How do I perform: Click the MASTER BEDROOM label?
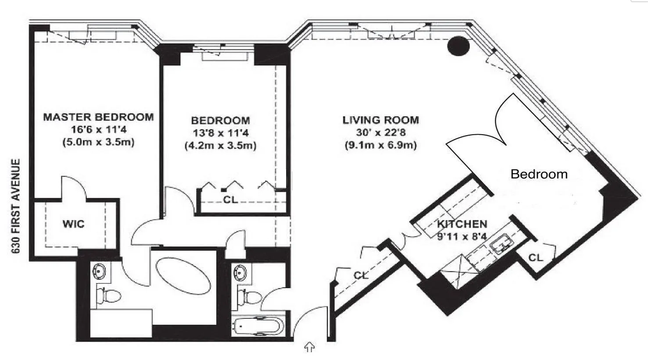[x=98, y=117]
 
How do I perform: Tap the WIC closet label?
[x=73, y=224]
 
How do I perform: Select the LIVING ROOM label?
[x=381, y=120]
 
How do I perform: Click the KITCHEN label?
[x=462, y=224]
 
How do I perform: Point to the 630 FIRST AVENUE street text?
[x=16, y=206]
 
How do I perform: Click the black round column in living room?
[x=458, y=46]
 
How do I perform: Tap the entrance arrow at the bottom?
[x=310, y=347]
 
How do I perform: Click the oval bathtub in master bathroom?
[x=183, y=276]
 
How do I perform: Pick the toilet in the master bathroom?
[x=108, y=296]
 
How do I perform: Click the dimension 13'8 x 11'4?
[x=221, y=133]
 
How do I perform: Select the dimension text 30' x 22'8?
[x=381, y=132]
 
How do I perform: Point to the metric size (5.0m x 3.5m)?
[x=99, y=142]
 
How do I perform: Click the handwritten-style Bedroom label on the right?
[x=539, y=174]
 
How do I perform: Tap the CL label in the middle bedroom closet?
[x=230, y=200]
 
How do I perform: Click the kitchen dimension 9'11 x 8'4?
[x=462, y=237]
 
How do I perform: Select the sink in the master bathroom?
[x=99, y=271]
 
